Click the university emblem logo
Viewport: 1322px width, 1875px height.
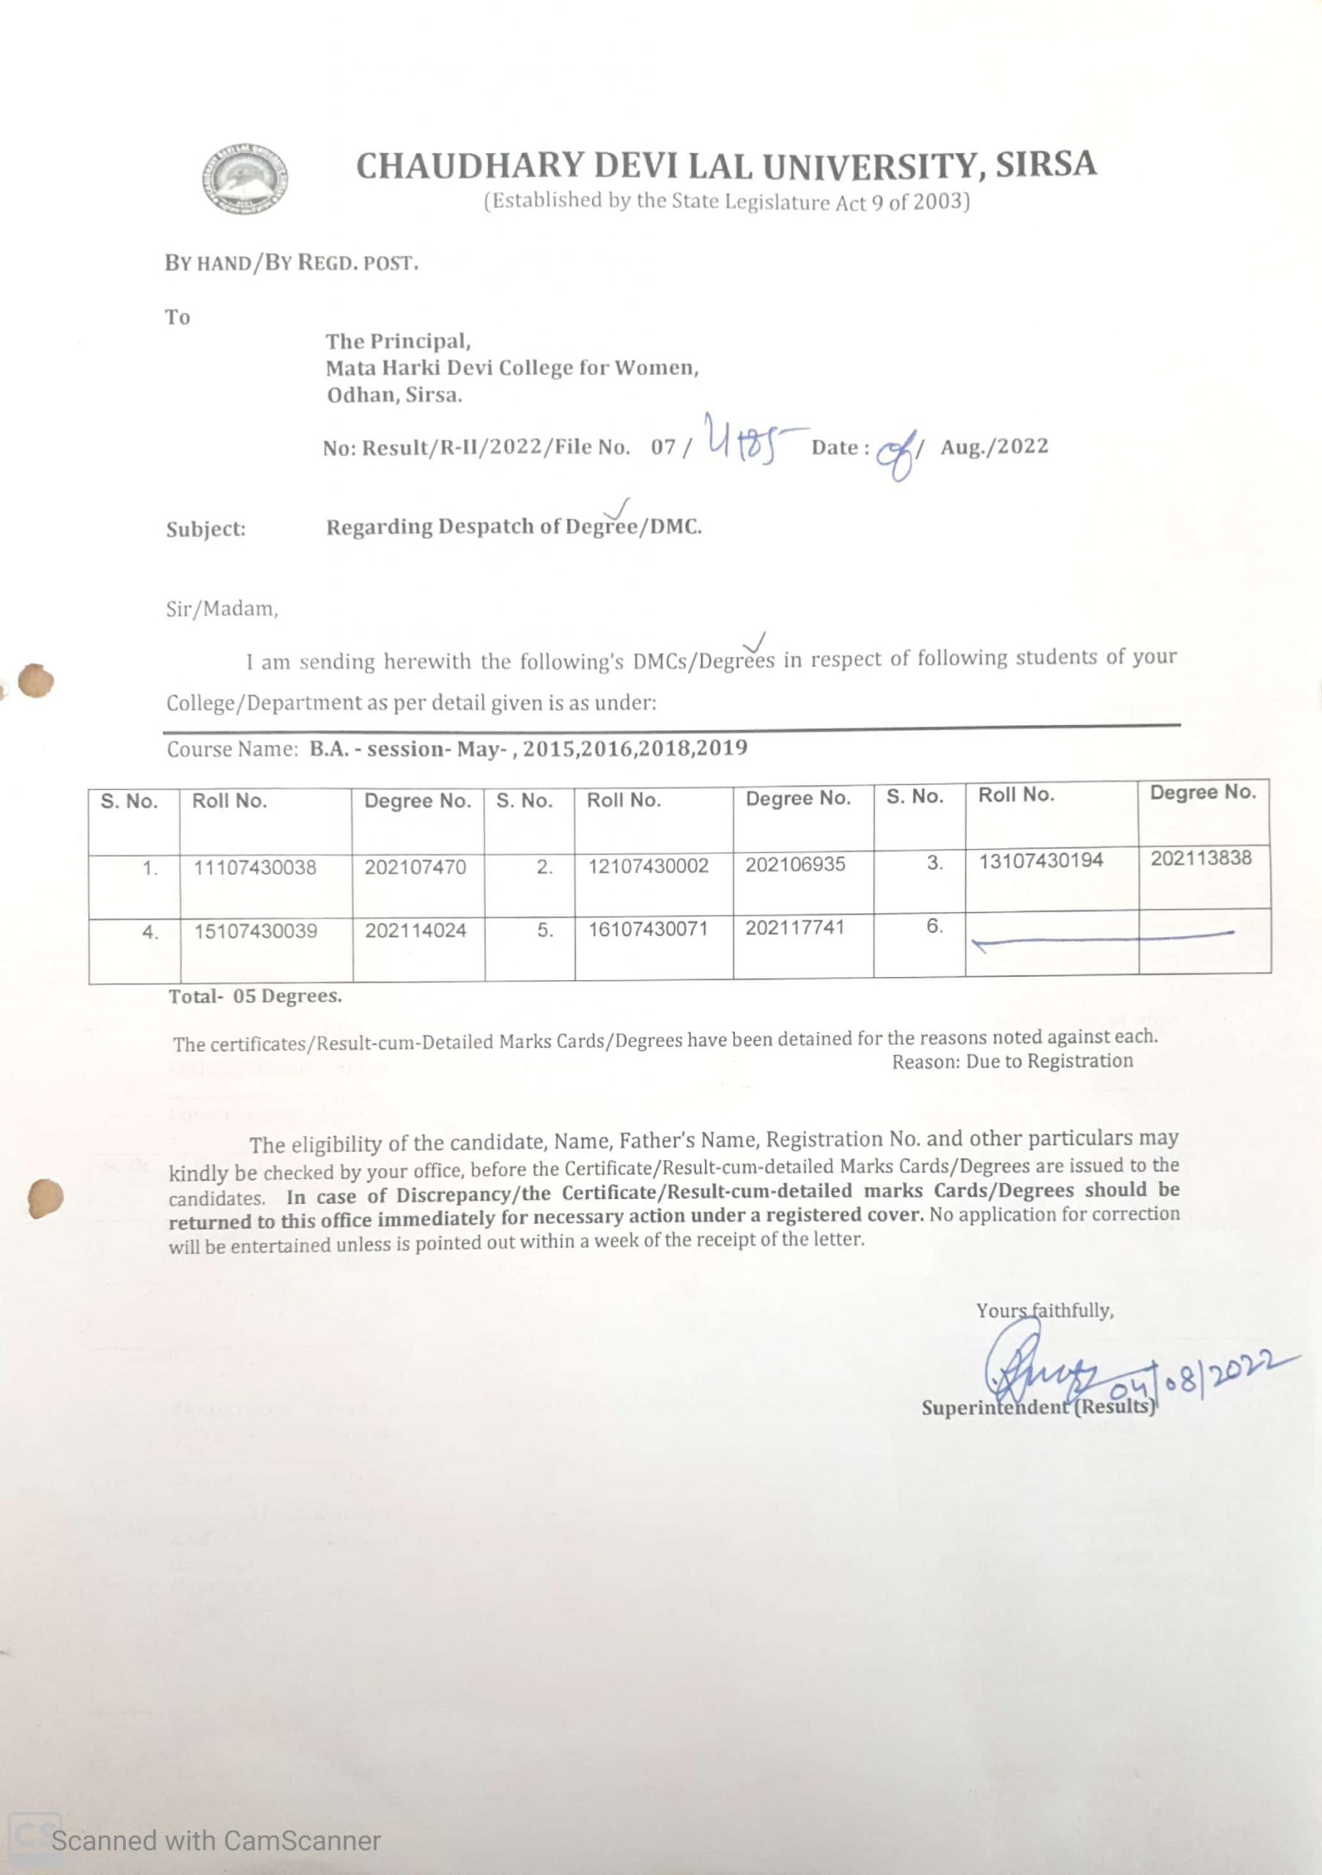[x=244, y=178]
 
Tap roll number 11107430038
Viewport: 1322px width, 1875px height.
[x=255, y=867]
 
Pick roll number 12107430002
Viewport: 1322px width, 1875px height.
[x=649, y=866]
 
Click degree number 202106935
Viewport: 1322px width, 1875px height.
[x=795, y=864]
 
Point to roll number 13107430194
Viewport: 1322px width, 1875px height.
[x=1041, y=861]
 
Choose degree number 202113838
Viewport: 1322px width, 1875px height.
[x=1201, y=858]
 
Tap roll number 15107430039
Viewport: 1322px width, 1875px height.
[x=256, y=931]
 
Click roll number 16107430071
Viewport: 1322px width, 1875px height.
[x=648, y=929]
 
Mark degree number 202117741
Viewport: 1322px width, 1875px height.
[x=794, y=928]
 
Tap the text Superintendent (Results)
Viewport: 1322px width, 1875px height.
[x=1038, y=1407]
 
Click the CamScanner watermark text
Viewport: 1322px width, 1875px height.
[x=215, y=1841]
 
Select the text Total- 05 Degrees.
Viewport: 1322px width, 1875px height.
[x=255, y=996]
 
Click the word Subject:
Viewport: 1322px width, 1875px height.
[x=206, y=530]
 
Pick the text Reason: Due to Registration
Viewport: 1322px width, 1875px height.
[x=1011, y=1061]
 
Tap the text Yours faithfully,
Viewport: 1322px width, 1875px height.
[x=1045, y=1311]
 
